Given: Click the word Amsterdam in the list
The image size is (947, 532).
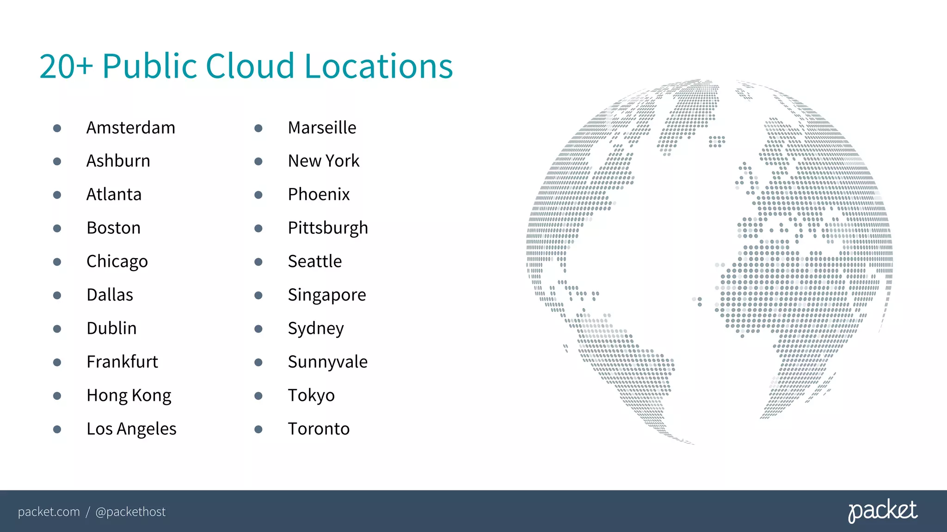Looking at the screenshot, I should [x=131, y=128].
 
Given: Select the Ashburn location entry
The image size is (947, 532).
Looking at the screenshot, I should [x=118, y=161].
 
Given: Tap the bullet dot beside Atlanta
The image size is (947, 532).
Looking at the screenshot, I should [x=57, y=195].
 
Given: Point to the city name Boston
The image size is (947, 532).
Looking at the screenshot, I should [x=114, y=228].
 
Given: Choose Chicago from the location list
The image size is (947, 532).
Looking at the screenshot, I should [x=117, y=262].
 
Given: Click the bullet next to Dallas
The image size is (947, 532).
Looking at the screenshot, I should [x=57, y=296].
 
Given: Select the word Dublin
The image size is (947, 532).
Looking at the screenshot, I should [x=111, y=328].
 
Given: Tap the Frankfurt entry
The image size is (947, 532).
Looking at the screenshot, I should [x=122, y=362].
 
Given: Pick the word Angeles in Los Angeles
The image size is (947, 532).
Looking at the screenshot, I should [x=146, y=429].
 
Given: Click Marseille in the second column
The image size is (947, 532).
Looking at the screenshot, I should [x=322, y=128].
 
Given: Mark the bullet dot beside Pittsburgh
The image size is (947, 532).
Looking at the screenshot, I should [x=258, y=229].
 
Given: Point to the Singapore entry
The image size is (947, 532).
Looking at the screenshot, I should [x=326, y=295].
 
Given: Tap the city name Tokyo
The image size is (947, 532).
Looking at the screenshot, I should [x=311, y=396].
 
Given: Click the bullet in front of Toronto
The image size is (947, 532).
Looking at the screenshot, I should [x=258, y=429].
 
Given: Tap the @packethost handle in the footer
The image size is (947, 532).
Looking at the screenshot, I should [x=130, y=512].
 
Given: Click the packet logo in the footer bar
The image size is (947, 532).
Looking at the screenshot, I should [x=882, y=511].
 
